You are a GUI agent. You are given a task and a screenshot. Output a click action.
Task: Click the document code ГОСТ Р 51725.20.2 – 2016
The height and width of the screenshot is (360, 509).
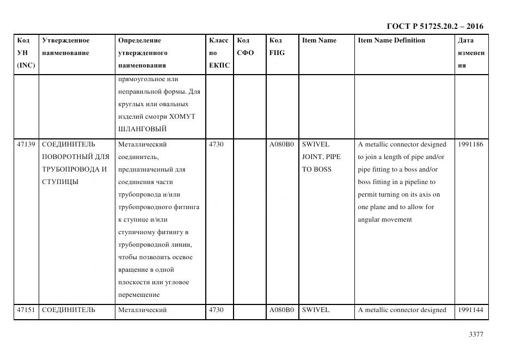click(x=434, y=26)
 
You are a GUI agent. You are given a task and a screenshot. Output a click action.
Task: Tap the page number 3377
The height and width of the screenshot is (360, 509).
click(x=476, y=334)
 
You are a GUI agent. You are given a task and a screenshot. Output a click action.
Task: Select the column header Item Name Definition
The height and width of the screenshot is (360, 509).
click(x=391, y=40)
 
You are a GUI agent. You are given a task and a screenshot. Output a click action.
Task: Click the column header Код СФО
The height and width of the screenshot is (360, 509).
click(x=246, y=47)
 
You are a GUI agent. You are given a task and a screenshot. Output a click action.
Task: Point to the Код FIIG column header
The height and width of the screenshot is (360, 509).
click(x=277, y=47)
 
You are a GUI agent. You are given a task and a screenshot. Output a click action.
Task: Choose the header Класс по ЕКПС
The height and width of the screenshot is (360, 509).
click(x=219, y=53)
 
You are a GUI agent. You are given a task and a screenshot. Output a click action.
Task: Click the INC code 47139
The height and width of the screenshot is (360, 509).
click(x=26, y=144)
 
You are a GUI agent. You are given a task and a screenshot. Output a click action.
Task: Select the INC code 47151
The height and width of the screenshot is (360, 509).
click(x=26, y=310)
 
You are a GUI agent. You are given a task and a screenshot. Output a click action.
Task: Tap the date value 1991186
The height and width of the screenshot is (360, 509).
click(x=470, y=144)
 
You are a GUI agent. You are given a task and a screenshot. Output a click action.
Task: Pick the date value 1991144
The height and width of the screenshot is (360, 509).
click(x=470, y=310)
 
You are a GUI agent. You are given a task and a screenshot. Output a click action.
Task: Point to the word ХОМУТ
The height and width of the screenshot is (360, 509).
click(x=182, y=117)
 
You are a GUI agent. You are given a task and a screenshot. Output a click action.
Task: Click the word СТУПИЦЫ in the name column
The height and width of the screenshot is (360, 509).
click(x=59, y=182)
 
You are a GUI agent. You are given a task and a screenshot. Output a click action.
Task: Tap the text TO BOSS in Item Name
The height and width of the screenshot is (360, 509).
click(x=315, y=169)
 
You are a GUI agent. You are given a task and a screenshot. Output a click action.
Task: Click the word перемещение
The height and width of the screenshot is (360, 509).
click(x=139, y=295)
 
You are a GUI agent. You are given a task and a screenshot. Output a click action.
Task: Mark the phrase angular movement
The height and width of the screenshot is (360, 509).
click(x=385, y=219)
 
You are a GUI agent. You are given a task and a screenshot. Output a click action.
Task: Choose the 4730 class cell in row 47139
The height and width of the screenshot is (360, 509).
click(x=216, y=144)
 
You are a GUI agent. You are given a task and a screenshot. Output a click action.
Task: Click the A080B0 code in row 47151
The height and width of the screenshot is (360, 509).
click(x=281, y=310)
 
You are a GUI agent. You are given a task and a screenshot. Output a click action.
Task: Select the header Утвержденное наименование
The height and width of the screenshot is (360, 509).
click(x=66, y=47)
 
